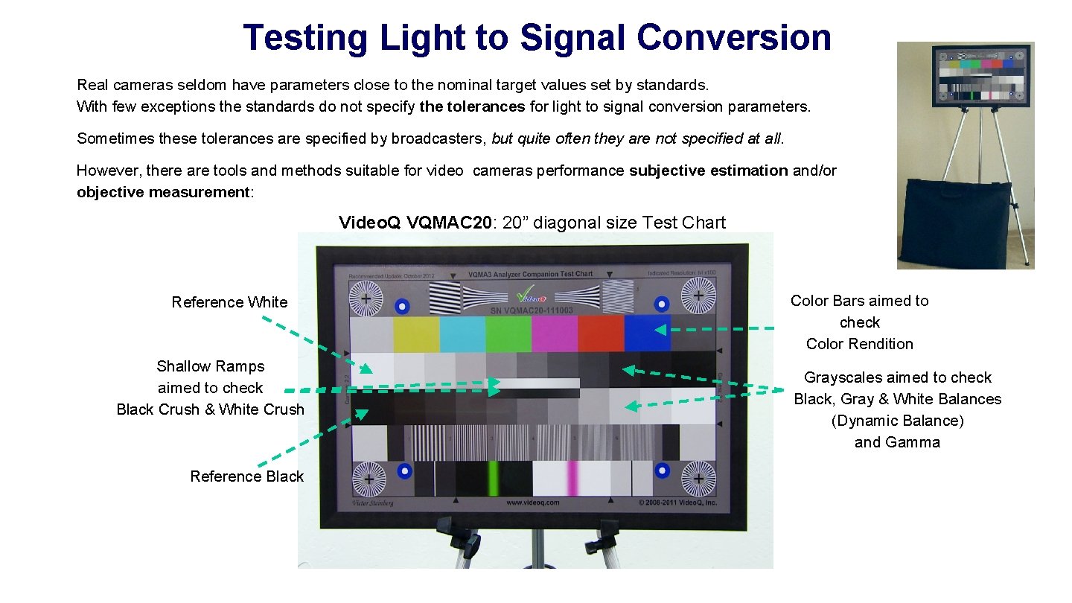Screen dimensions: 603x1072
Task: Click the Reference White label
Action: click(229, 301)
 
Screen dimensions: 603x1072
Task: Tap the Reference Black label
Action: click(246, 476)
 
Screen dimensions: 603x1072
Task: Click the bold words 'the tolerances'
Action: click(472, 106)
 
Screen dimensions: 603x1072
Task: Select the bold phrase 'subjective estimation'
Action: click(708, 170)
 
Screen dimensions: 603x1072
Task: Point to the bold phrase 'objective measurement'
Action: click(163, 193)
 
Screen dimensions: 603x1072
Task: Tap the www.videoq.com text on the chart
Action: click(532, 502)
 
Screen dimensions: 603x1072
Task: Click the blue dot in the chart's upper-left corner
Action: click(402, 305)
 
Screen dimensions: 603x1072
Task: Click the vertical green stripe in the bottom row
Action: click(492, 479)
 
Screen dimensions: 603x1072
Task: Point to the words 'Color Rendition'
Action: click(859, 344)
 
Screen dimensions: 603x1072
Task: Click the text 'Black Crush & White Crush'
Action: click(210, 409)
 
